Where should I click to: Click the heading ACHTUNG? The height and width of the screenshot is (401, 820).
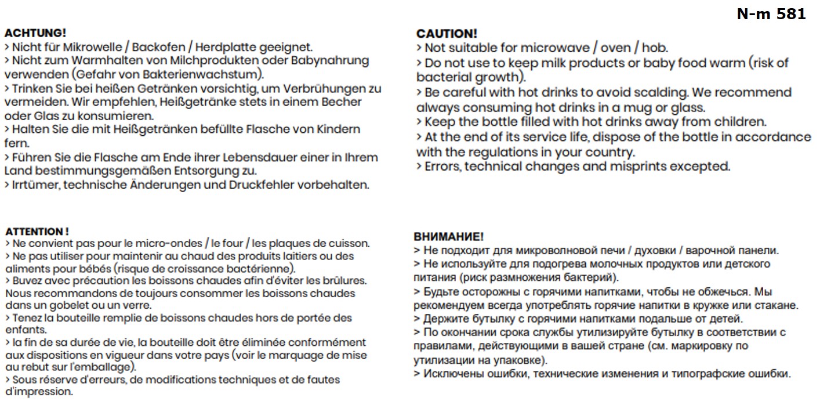pos(35,33)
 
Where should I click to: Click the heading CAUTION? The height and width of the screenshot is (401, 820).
pos(447,34)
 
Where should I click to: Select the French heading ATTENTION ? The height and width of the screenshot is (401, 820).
pos(37,231)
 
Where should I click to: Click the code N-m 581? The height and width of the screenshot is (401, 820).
pos(771,15)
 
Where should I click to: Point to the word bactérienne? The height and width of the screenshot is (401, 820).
pos(260,268)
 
